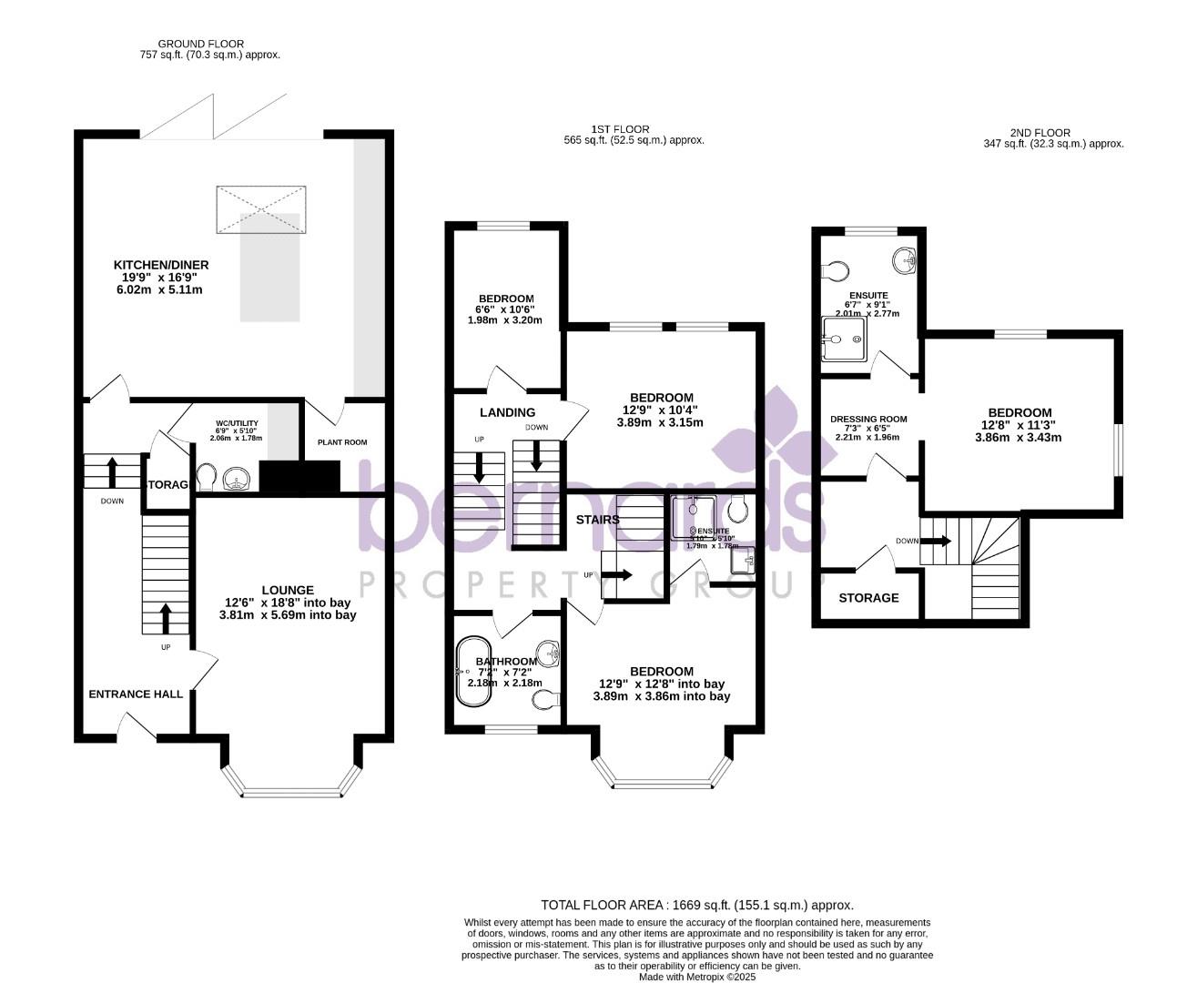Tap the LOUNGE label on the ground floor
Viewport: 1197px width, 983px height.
pos(288,590)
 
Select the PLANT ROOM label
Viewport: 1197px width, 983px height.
pos(342,442)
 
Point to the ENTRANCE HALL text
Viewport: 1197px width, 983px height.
pos(136,694)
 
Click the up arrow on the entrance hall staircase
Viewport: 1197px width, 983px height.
pos(166,618)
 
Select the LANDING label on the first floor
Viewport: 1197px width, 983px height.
pos(507,412)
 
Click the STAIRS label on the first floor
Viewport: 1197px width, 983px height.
pos(597,520)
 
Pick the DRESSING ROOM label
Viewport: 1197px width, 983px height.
pos(868,420)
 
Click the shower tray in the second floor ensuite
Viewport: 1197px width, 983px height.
pos(844,339)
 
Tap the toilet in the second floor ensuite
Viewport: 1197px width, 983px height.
pos(835,270)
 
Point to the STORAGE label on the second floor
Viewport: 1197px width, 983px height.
pos(868,598)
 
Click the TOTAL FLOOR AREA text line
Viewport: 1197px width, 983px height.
pos(697,905)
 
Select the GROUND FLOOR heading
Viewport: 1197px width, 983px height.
pos(201,44)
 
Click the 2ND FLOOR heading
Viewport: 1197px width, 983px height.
pos(1040,133)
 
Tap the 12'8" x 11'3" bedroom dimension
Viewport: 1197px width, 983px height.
pos(1016,425)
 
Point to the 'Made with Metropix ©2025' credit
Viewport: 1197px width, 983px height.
pos(697,977)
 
